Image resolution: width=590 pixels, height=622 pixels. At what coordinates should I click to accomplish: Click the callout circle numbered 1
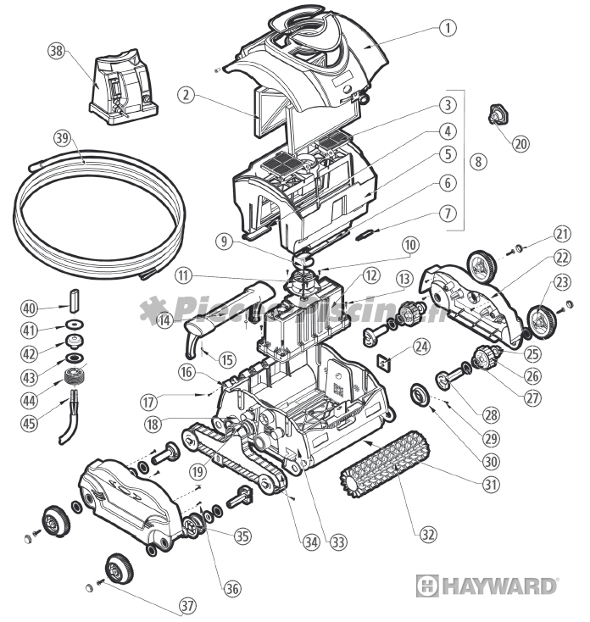(446, 26)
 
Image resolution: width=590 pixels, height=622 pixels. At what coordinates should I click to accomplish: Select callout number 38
(57, 51)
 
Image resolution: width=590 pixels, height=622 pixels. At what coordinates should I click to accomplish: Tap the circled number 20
(520, 143)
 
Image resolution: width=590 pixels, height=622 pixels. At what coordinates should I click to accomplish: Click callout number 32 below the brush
(427, 534)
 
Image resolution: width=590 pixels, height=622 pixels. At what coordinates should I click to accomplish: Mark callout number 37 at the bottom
(186, 606)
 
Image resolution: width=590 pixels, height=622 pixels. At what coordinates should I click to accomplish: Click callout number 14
(164, 320)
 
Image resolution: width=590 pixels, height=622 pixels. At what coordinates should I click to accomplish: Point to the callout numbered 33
(338, 540)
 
